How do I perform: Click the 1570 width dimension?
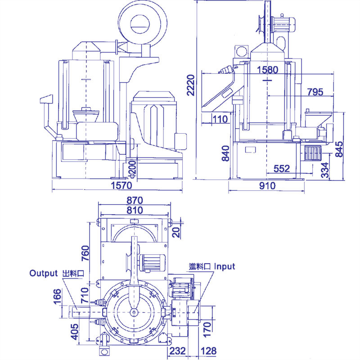pyautogui.click(x=120, y=185)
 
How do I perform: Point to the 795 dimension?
pyautogui.click(x=315, y=92)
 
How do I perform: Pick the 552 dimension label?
pyautogui.click(x=281, y=168)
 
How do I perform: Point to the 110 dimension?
pyautogui.click(x=220, y=119)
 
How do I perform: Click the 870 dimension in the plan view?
pyautogui.click(x=135, y=200)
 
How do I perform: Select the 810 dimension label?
pyautogui.click(x=135, y=210)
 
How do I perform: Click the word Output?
pyautogui.click(x=44, y=273)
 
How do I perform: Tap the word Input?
pyautogui.click(x=224, y=266)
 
